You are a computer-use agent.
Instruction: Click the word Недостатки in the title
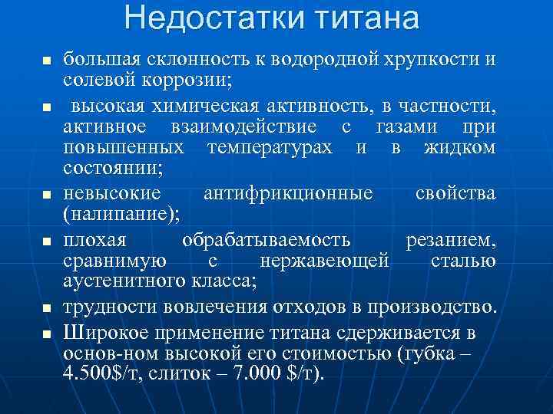204,18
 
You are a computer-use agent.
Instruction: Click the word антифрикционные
288,194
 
